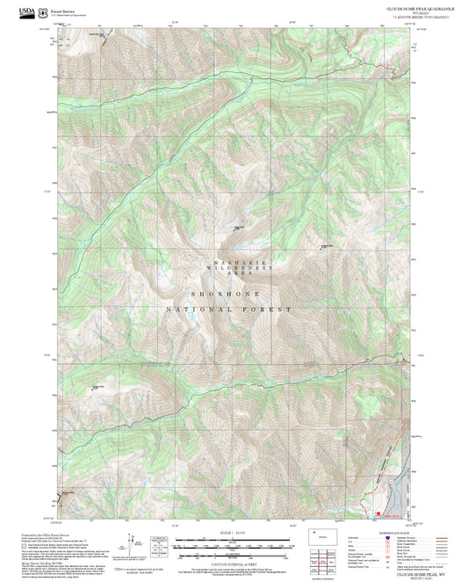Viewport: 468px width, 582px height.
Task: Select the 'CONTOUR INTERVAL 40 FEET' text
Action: point(234,563)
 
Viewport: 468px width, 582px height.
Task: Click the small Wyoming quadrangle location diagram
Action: point(318,535)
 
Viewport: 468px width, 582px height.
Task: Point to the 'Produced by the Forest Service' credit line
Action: point(44,533)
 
